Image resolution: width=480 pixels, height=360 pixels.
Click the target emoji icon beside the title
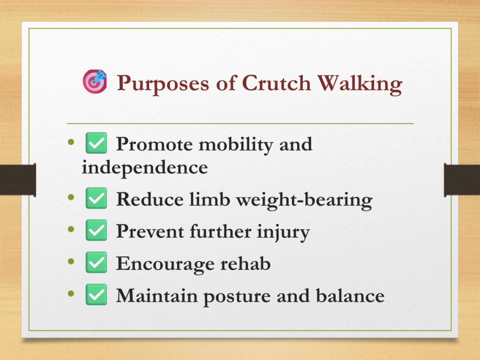[95, 81]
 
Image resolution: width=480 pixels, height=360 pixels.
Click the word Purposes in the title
[163, 84]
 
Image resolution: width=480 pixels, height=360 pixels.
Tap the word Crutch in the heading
[277, 83]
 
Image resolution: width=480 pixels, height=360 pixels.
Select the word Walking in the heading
[360, 84]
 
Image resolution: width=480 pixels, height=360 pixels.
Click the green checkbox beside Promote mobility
[96, 143]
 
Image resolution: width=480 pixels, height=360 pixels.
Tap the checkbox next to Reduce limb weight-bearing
[96, 198]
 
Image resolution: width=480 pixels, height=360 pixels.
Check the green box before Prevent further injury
[96, 230]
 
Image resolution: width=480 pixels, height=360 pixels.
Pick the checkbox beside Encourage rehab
[96, 262]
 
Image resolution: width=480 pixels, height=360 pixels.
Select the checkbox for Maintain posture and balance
[96, 294]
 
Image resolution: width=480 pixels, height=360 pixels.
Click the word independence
[145, 167]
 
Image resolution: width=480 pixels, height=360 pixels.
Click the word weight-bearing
[304, 200]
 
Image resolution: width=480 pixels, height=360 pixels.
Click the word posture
[237, 297]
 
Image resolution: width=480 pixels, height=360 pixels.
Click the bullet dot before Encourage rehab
[71, 262]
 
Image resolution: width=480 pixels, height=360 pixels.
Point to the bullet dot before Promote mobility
[71, 142]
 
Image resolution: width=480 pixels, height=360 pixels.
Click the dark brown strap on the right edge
[462, 180]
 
